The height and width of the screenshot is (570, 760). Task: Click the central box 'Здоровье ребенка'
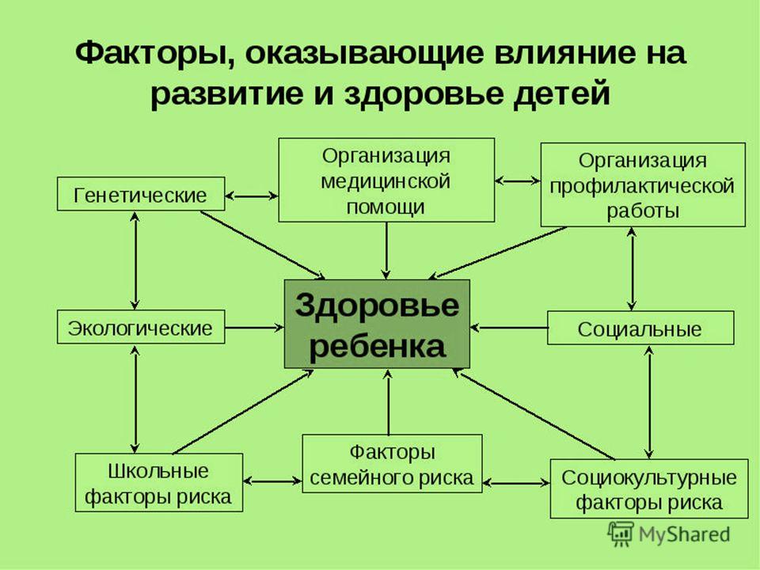click(377, 324)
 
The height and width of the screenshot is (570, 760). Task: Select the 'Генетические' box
click(141, 194)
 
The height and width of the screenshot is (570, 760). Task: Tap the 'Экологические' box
click(141, 327)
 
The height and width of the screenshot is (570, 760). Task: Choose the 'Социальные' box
click(640, 328)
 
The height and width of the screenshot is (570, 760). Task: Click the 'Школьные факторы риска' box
click(159, 483)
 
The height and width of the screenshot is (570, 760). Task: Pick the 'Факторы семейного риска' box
click(392, 464)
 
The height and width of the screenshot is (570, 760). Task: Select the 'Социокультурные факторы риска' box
click(649, 489)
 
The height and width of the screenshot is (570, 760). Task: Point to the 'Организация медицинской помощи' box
click(386, 180)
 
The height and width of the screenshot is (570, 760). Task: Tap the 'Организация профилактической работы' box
click(643, 184)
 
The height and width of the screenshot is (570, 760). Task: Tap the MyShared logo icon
click(621, 534)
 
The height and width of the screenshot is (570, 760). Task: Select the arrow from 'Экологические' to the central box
click(254, 328)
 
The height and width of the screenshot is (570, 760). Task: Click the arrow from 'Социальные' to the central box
click(509, 328)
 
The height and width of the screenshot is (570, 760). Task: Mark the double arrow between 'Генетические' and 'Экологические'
click(135, 260)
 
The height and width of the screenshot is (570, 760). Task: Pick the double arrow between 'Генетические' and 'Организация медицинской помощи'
click(252, 196)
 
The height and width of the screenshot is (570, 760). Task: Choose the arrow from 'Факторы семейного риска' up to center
click(388, 402)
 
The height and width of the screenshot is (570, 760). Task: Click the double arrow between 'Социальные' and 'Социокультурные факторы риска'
click(649, 402)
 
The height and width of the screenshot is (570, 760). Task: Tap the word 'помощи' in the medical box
click(386, 207)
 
